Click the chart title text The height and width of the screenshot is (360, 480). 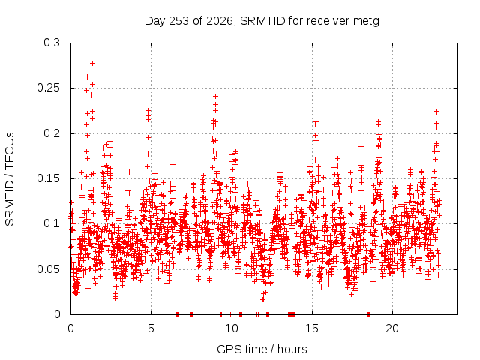tap(262, 21)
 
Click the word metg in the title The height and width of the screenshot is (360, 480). tap(366, 22)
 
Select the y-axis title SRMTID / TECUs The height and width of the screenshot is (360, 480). tap(10, 179)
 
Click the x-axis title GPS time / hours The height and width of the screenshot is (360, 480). tap(262, 349)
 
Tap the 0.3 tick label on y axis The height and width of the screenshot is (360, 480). tap(52, 43)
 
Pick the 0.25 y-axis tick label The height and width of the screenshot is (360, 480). tap(49, 88)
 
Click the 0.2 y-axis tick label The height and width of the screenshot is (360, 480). tap(52, 133)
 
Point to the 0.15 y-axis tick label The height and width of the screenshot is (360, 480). tap(49, 178)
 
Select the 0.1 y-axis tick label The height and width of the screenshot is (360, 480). tap(52, 223)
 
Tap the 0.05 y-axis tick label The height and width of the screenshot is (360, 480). tap(49, 269)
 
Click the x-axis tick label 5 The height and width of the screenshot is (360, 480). tap(151, 328)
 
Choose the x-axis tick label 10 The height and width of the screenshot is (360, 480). tap(232, 328)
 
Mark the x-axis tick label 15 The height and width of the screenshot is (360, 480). tap(312, 328)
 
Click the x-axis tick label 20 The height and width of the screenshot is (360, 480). tap(392, 328)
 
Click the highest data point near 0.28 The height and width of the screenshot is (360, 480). tap(92, 63)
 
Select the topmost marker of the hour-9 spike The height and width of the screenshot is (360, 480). tap(215, 97)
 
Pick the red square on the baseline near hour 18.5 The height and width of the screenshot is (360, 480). tap(369, 314)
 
